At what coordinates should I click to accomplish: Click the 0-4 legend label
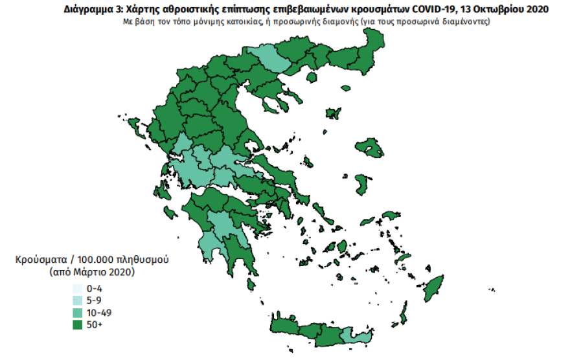95,288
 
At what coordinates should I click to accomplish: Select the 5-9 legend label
95,300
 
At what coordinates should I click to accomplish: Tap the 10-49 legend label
98,312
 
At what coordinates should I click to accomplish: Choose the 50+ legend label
95,324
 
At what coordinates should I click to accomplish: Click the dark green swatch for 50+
77,324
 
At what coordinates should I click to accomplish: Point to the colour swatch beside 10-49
77,312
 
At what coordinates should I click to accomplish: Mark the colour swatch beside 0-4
77,288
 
